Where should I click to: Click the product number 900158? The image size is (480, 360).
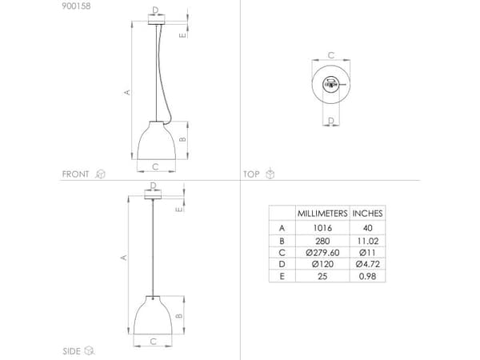tap(76, 6)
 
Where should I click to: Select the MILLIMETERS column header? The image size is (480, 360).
tap(322, 214)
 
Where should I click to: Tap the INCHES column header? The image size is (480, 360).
tap(367, 214)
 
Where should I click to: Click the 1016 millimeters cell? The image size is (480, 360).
tap(322, 228)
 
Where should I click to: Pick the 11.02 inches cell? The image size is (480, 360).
tap(367, 241)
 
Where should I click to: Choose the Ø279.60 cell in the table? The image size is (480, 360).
tap(322, 253)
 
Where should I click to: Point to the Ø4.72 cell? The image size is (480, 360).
tap(367, 264)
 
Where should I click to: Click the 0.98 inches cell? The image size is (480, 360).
tap(367, 277)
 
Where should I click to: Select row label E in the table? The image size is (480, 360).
tap(282, 277)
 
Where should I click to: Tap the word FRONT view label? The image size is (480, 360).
tap(75, 174)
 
